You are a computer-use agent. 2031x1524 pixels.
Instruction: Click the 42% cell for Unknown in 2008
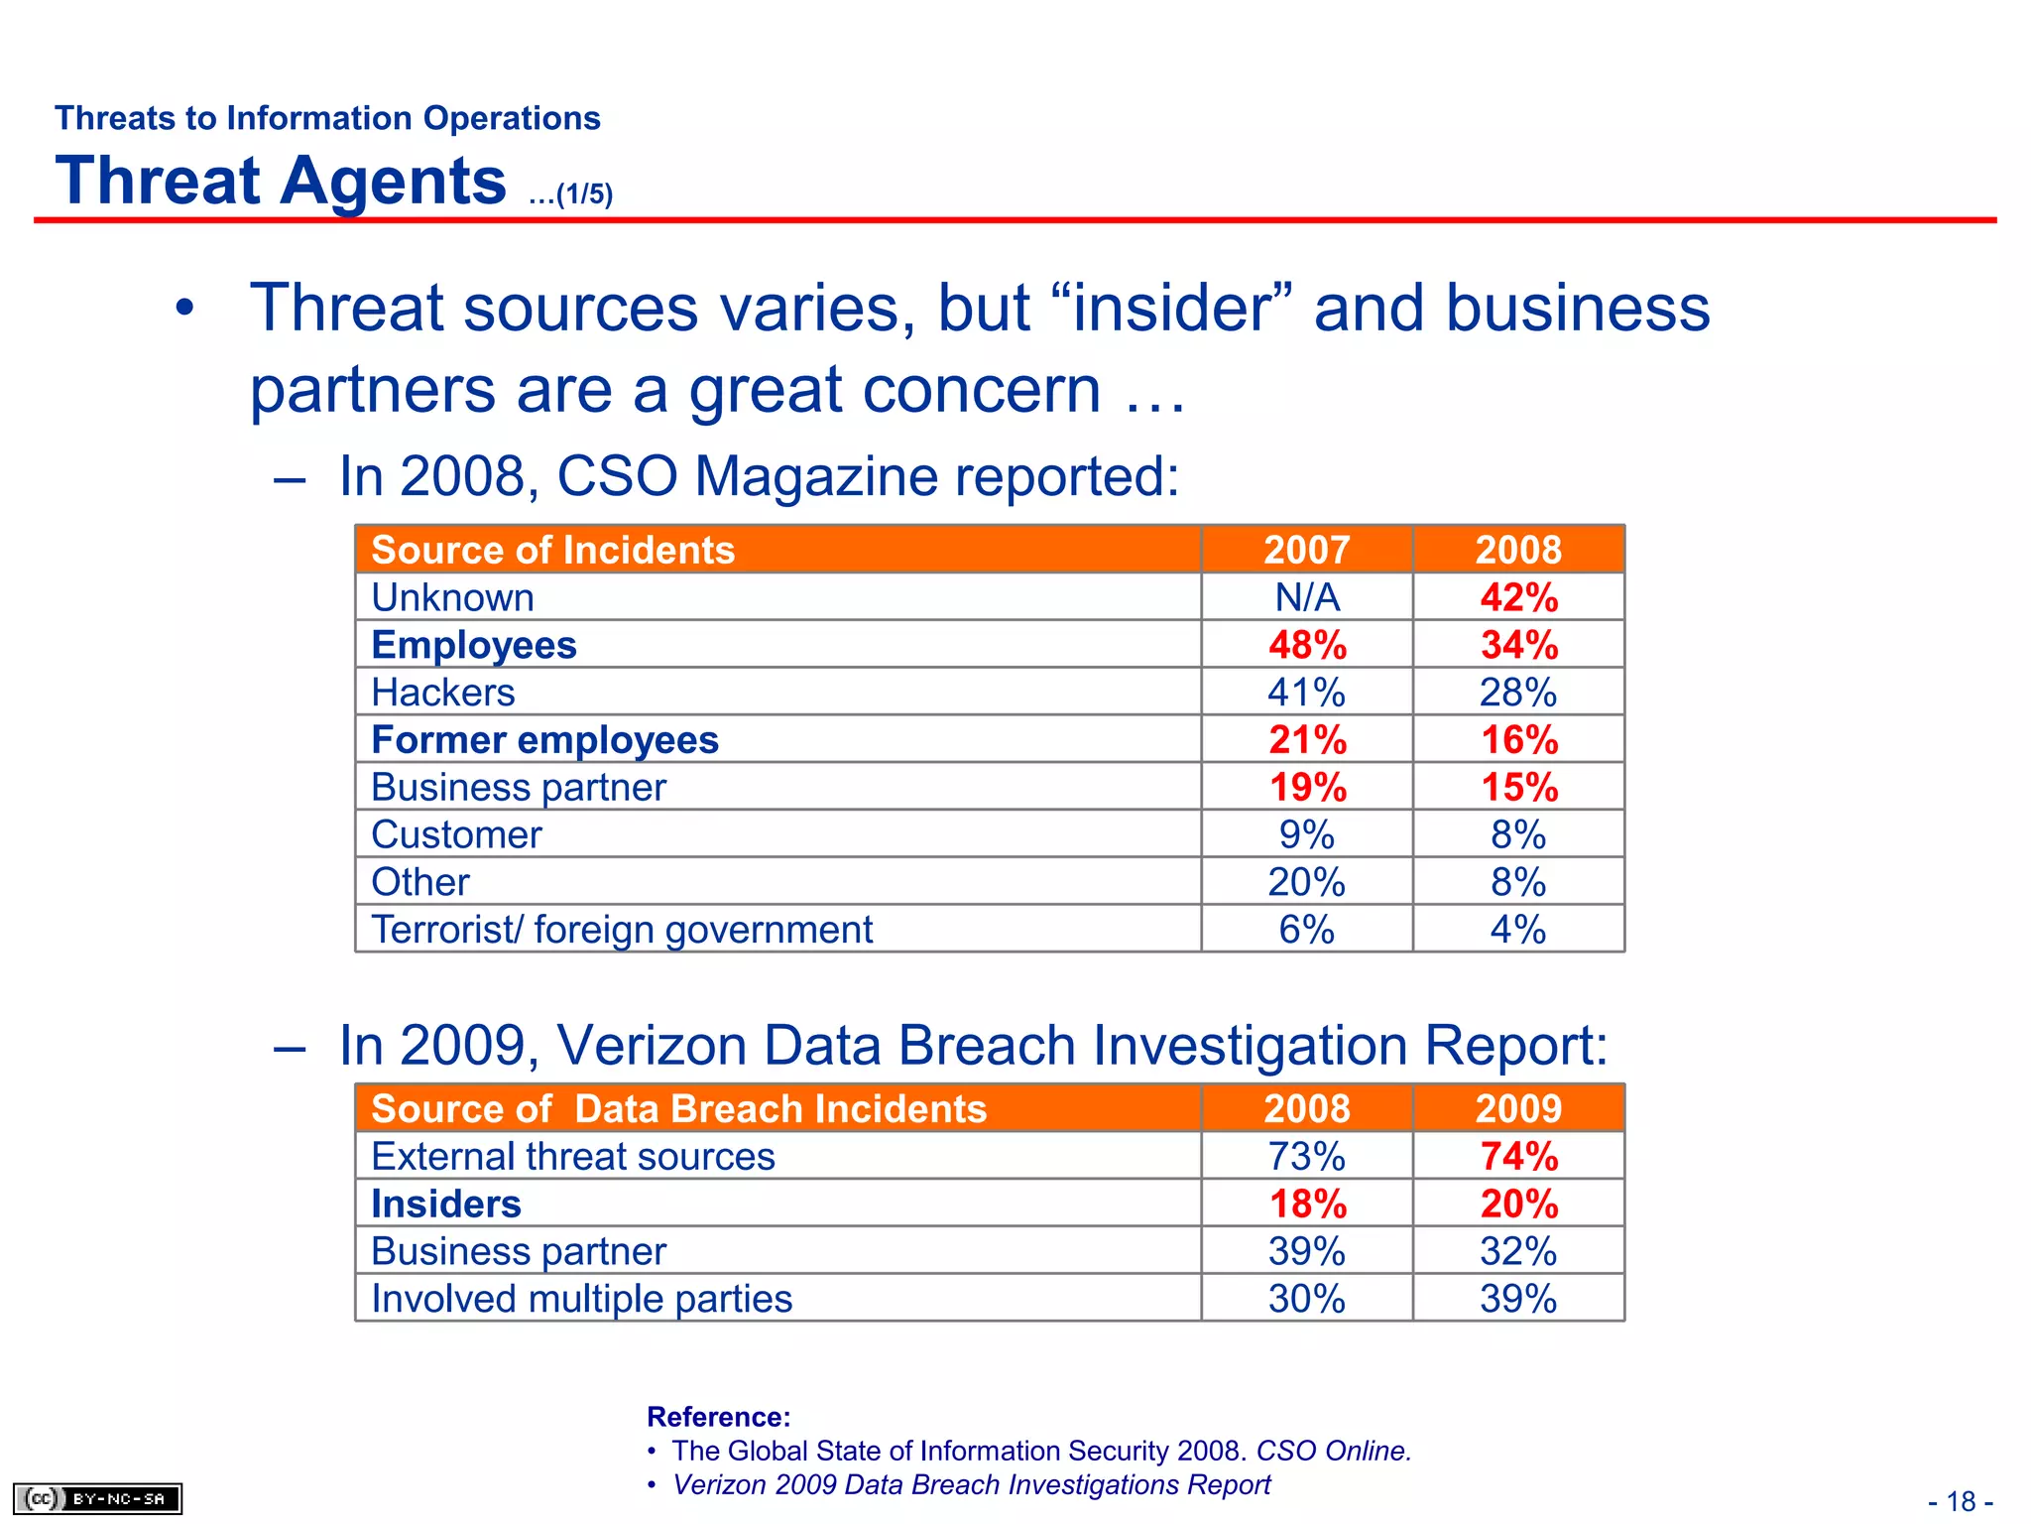1518,597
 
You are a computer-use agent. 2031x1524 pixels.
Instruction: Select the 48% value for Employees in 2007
1307,645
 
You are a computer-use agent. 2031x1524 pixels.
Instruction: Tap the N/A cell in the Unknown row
1307,597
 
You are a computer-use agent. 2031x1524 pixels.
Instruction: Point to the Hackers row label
443,693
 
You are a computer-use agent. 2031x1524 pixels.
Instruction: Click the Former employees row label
544,740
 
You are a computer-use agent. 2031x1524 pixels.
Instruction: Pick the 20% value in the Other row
1307,882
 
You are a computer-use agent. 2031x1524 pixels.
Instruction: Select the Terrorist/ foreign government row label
622,930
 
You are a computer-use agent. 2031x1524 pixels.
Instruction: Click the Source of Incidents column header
552,550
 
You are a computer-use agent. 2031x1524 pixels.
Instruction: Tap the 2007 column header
1307,550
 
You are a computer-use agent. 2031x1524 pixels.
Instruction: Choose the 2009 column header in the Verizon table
1518,1108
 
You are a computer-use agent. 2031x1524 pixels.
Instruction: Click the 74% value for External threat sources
1518,1156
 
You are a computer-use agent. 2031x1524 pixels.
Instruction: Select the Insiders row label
446,1204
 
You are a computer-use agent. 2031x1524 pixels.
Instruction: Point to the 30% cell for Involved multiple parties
1307,1299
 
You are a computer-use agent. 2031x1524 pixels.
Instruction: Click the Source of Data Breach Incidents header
678,1108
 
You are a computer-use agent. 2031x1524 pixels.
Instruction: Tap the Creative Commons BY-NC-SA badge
97,1498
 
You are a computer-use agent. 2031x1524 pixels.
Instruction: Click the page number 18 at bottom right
1961,1501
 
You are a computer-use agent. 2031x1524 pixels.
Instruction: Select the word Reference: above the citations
719,1417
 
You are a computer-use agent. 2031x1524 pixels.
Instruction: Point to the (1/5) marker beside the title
583,194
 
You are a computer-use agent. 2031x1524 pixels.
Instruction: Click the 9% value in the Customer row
1307,834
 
